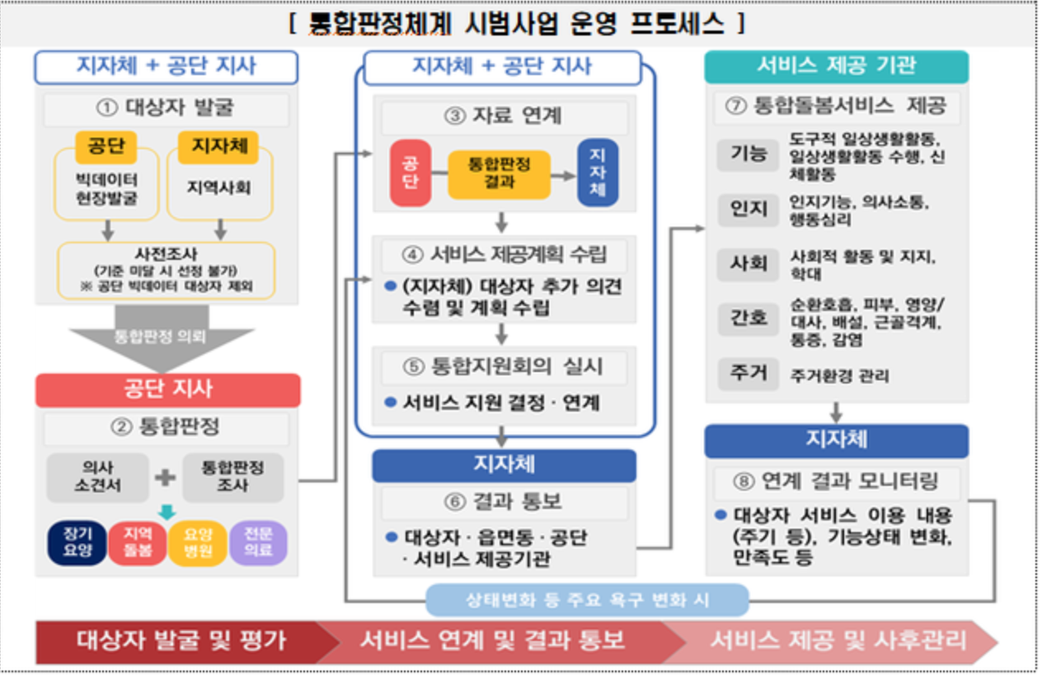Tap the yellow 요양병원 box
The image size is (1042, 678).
point(198,544)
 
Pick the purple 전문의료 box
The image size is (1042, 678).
point(258,544)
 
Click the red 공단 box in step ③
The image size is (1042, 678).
point(411,172)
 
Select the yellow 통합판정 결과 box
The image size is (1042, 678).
point(499,173)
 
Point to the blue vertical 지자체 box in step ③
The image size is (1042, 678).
point(598,172)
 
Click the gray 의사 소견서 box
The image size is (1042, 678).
point(98,478)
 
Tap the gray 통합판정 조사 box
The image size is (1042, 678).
point(232,478)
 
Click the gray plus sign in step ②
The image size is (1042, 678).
point(166,478)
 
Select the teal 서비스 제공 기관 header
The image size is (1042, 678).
point(836,67)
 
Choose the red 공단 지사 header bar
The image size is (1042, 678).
point(167,390)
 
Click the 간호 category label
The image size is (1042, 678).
point(748,318)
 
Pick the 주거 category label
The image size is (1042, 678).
point(748,374)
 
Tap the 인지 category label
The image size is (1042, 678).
point(748,209)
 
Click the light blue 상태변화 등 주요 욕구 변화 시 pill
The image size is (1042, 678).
point(587,600)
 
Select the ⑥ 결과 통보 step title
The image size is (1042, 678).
point(504,502)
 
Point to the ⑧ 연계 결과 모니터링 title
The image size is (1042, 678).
point(837,481)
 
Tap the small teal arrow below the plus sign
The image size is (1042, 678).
point(167,512)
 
